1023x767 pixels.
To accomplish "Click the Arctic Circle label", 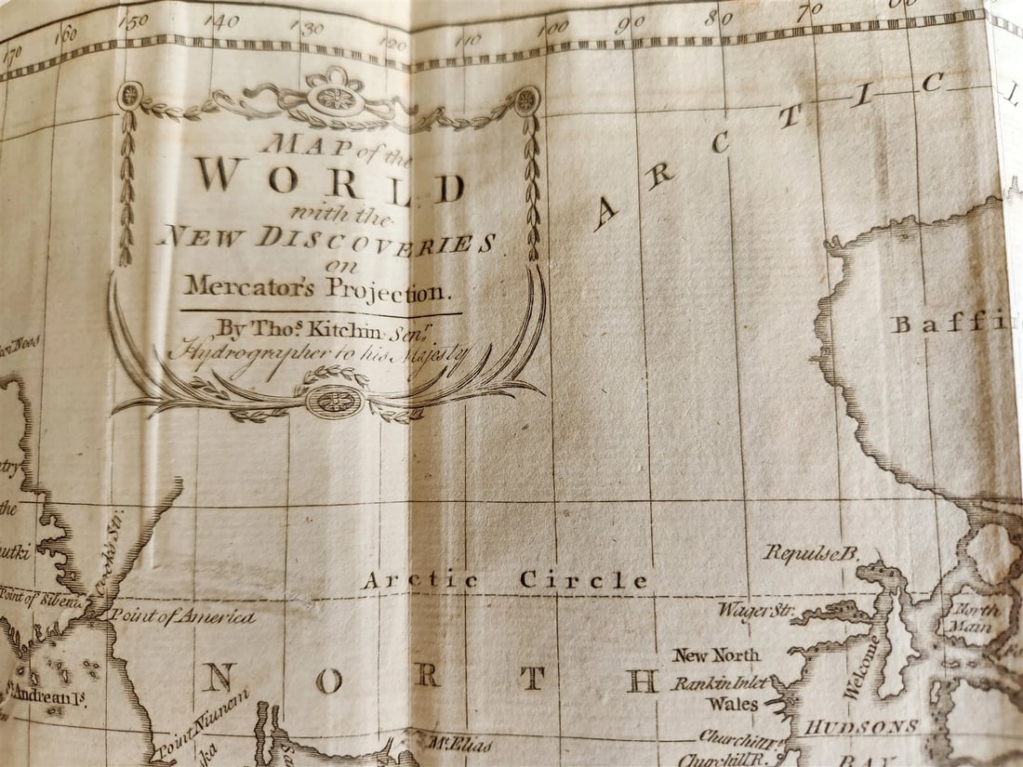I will point(503,580).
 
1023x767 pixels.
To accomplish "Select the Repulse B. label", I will point(810,552).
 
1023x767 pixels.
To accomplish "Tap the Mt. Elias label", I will point(460,743).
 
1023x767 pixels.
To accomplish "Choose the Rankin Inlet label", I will point(721,682).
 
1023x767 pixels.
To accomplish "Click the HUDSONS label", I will point(860,726).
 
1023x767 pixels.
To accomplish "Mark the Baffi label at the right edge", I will point(950,324).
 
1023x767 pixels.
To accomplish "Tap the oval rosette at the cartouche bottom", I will point(335,402).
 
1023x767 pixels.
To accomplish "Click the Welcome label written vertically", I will point(861,667).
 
